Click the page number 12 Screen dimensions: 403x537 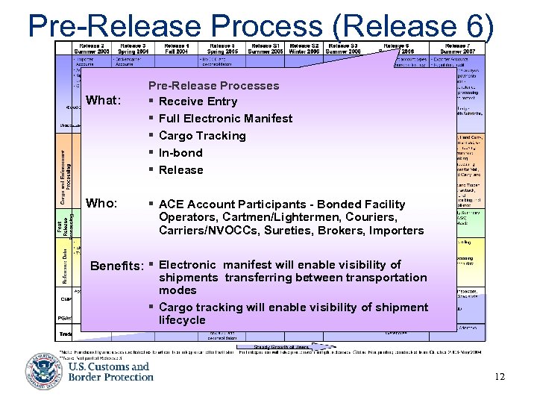499,376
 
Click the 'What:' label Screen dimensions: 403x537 104,100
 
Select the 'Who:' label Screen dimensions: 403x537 102,203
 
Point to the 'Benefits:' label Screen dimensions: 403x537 116,265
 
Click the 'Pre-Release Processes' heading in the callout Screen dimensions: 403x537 213,86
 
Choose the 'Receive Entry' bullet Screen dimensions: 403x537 198,101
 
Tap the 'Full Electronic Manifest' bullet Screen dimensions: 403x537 225,119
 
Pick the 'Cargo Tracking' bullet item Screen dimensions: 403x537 201,136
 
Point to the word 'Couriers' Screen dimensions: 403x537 374,217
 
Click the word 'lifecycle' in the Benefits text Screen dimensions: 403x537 182,320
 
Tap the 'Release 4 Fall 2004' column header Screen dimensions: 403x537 176,48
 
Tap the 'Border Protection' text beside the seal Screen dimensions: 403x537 111,377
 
